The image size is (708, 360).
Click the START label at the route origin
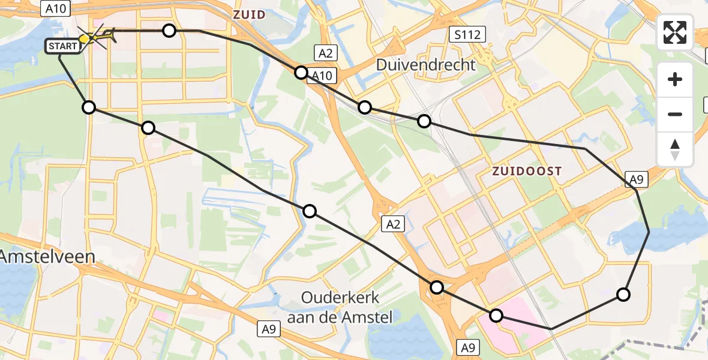click(x=62, y=46)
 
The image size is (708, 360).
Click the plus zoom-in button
click(x=675, y=79)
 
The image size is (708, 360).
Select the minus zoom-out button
click(x=675, y=114)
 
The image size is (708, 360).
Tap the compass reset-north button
click(x=675, y=149)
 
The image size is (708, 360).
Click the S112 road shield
click(x=467, y=35)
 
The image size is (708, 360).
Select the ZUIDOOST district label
click(x=527, y=171)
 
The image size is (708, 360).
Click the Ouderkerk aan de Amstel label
click(x=340, y=307)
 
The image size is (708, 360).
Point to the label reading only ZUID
click(x=249, y=15)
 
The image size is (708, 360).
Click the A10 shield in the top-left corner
click(x=56, y=8)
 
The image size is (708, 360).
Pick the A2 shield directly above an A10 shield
click(x=325, y=53)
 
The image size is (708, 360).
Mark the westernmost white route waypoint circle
click(x=89, y=107)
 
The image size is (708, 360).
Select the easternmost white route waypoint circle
click(x=623, y=294)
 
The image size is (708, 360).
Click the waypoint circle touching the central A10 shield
click(x=301, y=73)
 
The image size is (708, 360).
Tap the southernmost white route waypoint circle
click(x=496, y=315)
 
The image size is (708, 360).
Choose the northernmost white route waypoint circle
click(x=169, y=31)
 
